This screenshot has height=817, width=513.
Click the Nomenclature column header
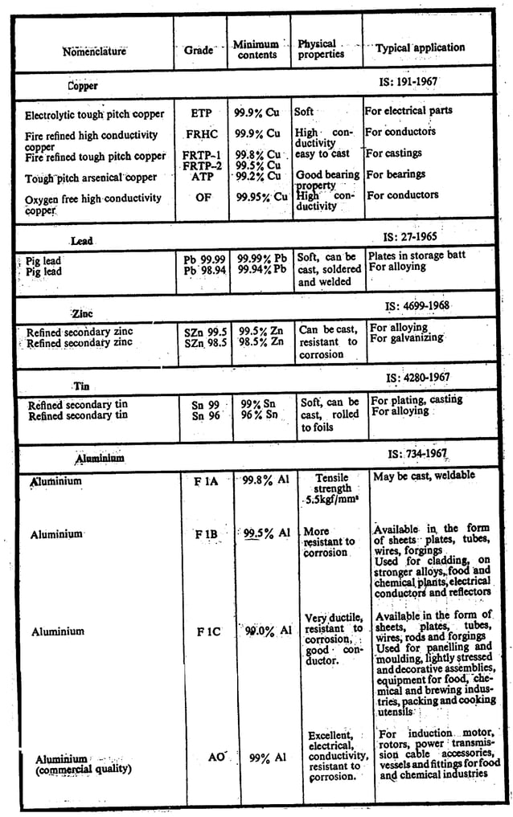coord(94,51)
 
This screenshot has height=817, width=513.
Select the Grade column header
coord(199,50)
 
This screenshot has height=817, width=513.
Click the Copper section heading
coord(82,85)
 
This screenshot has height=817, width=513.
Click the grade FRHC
coord(202,134)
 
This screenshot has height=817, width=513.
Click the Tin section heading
coord(81,386)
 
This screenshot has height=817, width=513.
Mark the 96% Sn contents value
coord(260,416)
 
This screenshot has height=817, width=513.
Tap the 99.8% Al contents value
coord(265,481)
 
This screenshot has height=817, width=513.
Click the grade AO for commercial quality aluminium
coord(216,757)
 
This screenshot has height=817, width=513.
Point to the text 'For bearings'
coord(395,174)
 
